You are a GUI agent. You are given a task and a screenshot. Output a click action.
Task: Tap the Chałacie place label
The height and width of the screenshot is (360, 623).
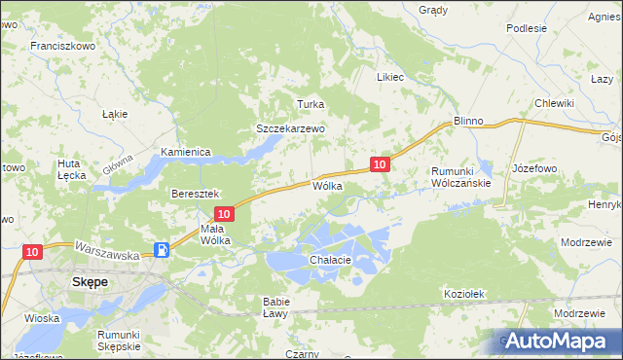point(329,261)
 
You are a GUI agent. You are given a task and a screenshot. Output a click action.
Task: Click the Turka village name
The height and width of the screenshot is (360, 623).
point(310,104)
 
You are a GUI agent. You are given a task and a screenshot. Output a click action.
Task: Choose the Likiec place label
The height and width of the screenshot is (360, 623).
point(390,76)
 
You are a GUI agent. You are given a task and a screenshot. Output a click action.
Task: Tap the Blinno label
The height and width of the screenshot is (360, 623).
point(468,121)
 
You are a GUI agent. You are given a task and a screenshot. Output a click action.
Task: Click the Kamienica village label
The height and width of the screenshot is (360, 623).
point(187,153)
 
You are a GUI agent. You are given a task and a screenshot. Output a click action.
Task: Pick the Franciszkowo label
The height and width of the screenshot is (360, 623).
point(62,46)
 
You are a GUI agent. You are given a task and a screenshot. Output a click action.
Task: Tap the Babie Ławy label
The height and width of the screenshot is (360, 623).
point(275,307)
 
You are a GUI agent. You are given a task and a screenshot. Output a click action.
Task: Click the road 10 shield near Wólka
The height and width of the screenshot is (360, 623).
point(381,165)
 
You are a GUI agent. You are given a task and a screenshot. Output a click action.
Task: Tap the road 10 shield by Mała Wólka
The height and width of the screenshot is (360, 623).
point(224,213)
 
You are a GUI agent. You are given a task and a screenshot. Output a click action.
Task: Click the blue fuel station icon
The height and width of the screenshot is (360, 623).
point(163,250)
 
